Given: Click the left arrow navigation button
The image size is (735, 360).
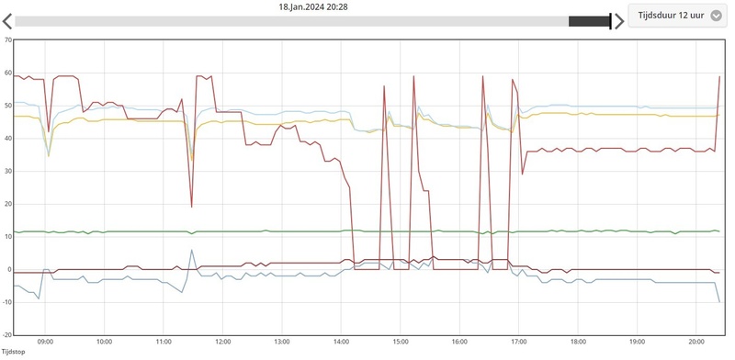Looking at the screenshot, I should (x=7, y=21).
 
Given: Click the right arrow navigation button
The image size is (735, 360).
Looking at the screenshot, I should (x=619, y=21).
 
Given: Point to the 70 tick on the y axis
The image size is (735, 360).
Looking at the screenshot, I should (x=7, y=40).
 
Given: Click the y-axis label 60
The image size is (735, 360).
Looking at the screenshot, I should (x=7, y=73).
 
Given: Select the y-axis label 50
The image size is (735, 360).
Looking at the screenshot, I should (x=7, y=106).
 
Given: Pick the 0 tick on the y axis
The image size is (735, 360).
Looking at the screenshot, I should (x=8, y=270).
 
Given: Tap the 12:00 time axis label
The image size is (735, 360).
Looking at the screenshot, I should (x=223, y=342).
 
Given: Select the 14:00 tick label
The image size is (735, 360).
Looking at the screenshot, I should (x=341, y=342).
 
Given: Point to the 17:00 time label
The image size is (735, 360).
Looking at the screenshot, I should (x=518, y=342).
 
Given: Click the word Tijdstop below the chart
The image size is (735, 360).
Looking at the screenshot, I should (x=13, y=352).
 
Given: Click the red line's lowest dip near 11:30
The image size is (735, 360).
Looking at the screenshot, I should (x=191, y=207).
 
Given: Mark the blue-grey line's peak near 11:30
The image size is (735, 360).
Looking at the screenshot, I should (x=191, y=250).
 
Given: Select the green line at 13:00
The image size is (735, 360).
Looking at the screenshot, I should (x=282, y=231).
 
